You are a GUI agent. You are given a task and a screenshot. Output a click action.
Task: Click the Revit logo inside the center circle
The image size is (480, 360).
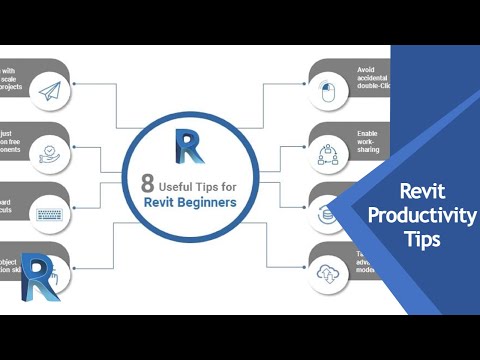(x=188, y=146)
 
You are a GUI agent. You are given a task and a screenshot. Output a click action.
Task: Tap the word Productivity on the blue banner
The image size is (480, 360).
(x=423, y=217)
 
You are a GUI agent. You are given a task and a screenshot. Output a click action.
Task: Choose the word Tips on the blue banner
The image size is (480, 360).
(x=422, y=241)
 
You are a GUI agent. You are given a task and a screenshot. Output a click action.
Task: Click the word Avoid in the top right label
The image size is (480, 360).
(x=366, y=71)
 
